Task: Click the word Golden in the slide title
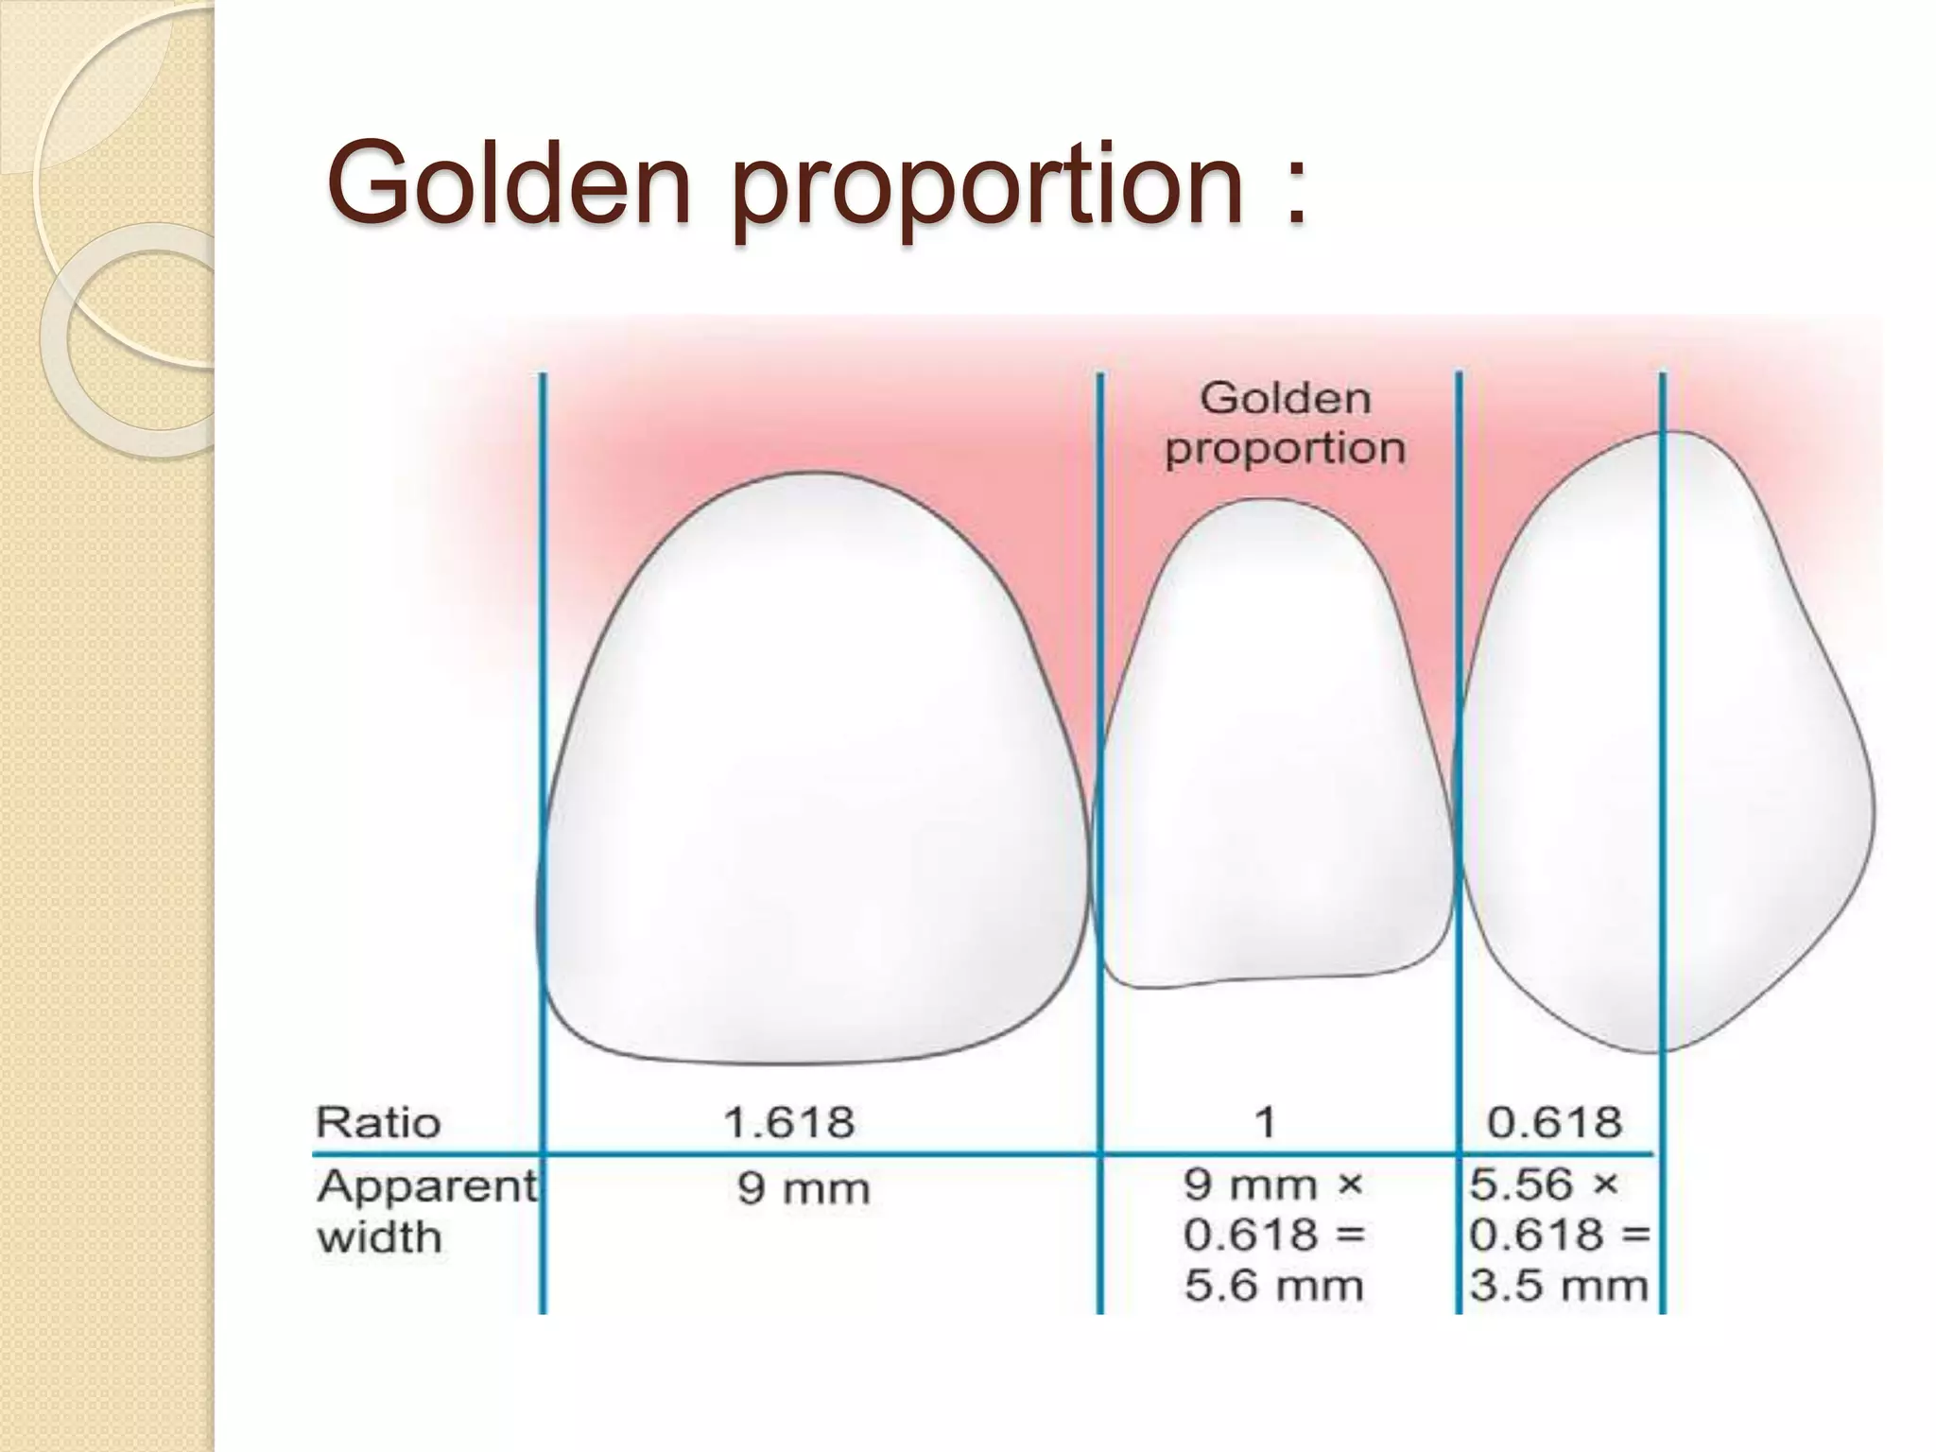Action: pyautogui.click(x=509, y=181)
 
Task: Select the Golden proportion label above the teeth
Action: pyautogui.click(x=1285, y=423)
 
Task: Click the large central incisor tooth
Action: pyautogui.click(x=813, y=775)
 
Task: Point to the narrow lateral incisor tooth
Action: pyautogui.click(x=1276, y=756)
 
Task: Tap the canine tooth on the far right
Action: pyautogui.click(x=1664, y=747)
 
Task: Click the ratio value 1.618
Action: pyautogui.click(x=788, y=1123)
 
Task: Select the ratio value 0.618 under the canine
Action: pyautogui.click(x=1554, y=1123)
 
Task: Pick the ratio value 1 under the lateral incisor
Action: pyautogui.click(x=1265, y=1123)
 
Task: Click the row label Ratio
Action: pyautogui.click(x=378, y=1123)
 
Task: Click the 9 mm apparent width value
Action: pyautogui.click(x=803, y=1189)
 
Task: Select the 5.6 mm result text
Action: pyautogui.click(x=1273, y=1286)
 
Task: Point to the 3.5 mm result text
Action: pyautogui.click(x=1558, y=1286)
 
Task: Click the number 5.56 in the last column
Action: pyautogui.click(x=1520, y=1184)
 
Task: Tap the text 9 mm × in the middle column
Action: pyautogui.click(x=1272, y=1184)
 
